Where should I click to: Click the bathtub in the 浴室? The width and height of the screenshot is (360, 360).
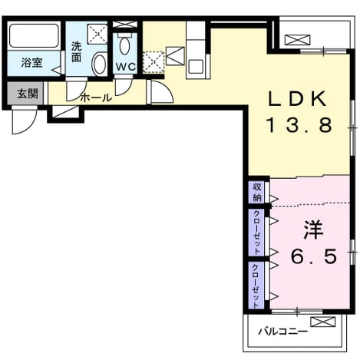pos(34,35)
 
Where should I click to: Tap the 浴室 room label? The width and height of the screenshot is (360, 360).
pos(31,63)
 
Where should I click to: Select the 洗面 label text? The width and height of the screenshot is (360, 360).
pos(76,52)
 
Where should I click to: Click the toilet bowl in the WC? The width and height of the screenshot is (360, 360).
pos(124,45)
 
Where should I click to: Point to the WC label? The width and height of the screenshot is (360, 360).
pos(125,67)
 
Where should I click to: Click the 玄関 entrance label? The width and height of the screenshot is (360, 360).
pos(28,94)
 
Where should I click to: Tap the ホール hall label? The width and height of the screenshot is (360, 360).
pos(96,97)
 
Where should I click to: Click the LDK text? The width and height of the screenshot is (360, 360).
pos(297,99)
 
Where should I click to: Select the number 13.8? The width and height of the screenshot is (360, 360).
pos(299,125)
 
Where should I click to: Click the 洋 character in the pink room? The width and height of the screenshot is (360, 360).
pos(313,230)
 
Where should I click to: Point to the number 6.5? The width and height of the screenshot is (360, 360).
pos(314,256)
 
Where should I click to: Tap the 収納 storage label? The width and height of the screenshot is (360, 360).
pos(257,192)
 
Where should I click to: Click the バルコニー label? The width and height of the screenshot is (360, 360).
pos(282,332)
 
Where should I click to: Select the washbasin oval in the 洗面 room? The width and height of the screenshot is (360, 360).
pos(100,64)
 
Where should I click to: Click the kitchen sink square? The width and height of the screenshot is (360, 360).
pos(196,67)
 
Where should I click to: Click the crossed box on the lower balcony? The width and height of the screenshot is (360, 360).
pos(322,322)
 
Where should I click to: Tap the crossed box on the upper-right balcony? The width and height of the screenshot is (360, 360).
pos(297,40)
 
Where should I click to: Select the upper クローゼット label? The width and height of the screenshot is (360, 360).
pos(256,232)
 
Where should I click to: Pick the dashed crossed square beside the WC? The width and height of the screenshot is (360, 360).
pos(154,62)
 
